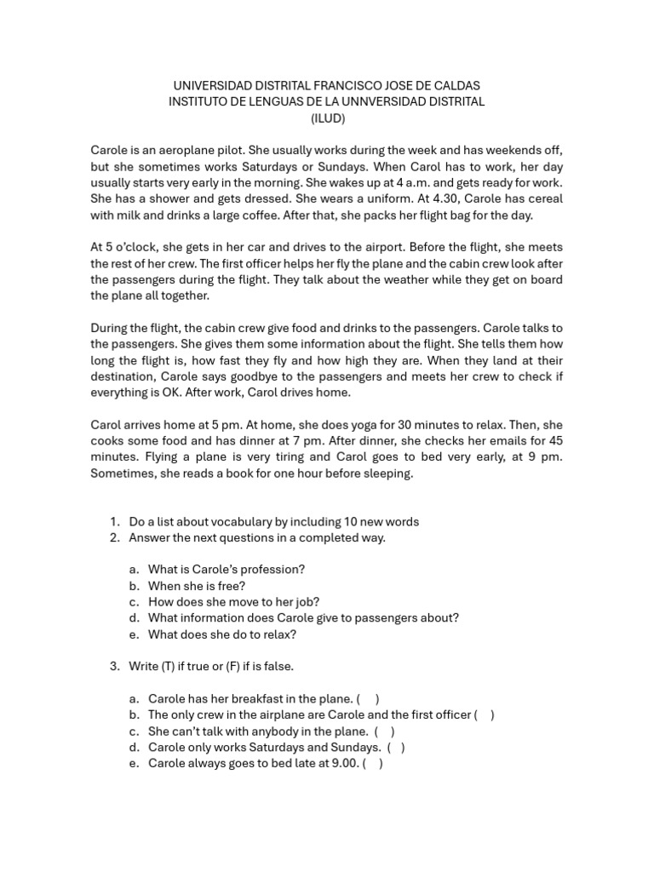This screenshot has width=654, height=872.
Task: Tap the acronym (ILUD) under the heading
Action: [327, 118]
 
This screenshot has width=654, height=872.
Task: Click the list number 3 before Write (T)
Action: [113, 667]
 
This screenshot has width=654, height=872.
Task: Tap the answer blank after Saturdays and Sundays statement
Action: [395, 748]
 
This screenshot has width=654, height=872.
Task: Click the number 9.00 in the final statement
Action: [343, 764]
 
